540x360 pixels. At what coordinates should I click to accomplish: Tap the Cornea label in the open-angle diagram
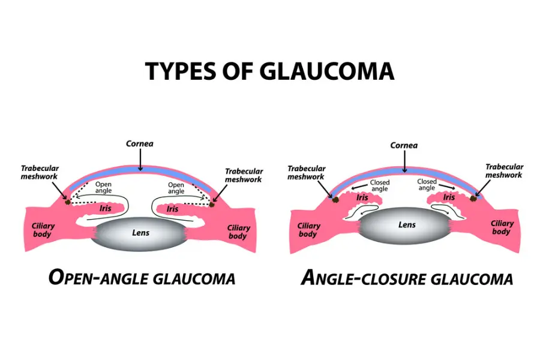coord(139,143)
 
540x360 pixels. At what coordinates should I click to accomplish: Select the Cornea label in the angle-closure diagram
coord(404,145)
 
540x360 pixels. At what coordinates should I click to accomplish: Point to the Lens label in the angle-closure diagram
coord(407,225)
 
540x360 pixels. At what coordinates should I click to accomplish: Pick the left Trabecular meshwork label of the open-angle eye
coord(41,172)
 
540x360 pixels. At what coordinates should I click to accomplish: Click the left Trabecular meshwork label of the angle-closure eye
coord(307,173)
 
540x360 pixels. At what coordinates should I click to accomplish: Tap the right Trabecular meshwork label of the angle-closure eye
coord(504,171)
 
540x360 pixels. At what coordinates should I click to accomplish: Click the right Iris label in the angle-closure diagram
coord(449,197)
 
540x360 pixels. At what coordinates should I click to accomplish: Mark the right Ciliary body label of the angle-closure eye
coord(502,227)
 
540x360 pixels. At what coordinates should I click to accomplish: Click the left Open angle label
coord(104,188)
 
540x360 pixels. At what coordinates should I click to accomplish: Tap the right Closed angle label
coord(427,185)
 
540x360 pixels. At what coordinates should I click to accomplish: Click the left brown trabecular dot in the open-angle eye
coord(68,202)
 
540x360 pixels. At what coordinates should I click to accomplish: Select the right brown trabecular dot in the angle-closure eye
coord(474,197)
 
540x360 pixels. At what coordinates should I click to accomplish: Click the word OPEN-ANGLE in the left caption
coord(97,278)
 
